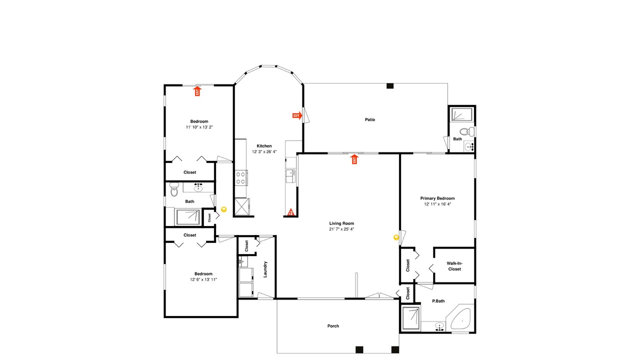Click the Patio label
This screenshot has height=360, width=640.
369,119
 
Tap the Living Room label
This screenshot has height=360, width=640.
341,223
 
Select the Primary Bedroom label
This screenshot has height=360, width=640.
437,198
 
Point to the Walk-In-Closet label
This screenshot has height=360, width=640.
454,266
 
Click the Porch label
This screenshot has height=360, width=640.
333,326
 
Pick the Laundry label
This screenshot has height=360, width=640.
265,269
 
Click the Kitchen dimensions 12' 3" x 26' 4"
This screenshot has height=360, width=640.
264,151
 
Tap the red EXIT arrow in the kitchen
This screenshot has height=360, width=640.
297,115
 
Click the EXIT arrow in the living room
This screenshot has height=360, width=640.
354,159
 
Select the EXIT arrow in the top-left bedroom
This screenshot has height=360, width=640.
197,91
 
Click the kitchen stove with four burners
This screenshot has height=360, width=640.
241,177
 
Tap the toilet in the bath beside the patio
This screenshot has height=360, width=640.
467,131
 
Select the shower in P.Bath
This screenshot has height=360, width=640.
410,318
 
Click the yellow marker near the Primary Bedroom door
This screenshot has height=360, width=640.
396,237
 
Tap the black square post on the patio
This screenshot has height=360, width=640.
390,85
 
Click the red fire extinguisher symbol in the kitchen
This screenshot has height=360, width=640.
290,212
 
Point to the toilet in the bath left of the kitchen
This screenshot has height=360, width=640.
174,189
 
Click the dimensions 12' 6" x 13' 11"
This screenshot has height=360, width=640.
203,279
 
